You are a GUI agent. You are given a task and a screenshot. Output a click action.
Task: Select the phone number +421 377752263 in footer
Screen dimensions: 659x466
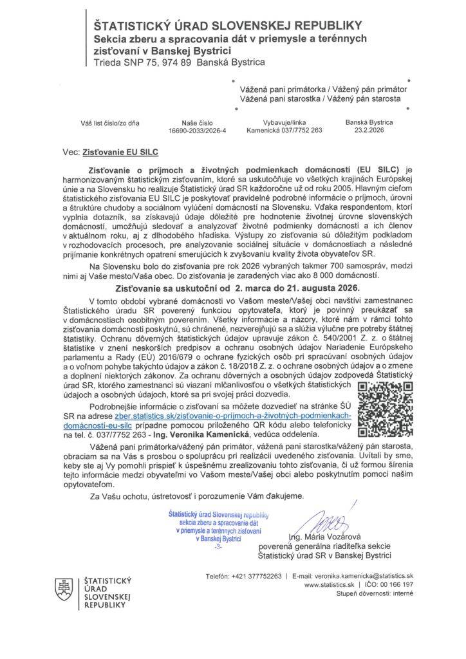(x=244, y=575)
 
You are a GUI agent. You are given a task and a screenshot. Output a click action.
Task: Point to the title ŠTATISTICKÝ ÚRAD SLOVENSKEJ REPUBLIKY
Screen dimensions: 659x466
(x=228, y=26)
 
